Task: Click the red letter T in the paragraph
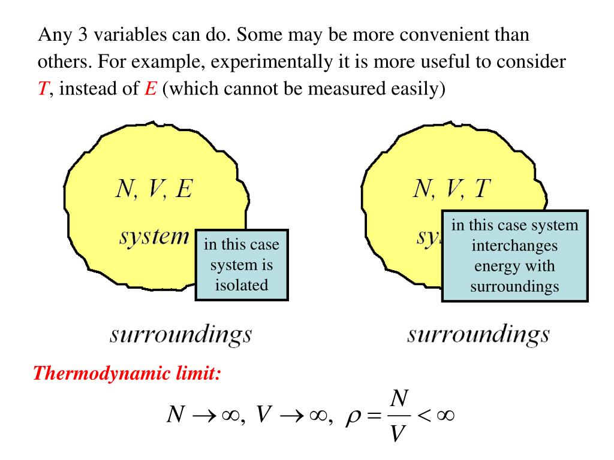pyautogui.click(x=43, y=90)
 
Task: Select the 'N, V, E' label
pyautogui.click(x=155, y=190)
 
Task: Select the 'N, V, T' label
pyautogui.click(x=452, y=190)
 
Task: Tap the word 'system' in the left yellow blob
pyautogui.click(x=154, y=236)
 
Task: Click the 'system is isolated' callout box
pyautogui.click(x=242, y=265)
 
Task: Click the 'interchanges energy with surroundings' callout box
pyautogui.click(x=514, y=256)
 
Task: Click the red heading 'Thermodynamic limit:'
pyautogui.click(x=127, y=374)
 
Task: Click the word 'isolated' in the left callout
pyautogui.click(x=242, y=285)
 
